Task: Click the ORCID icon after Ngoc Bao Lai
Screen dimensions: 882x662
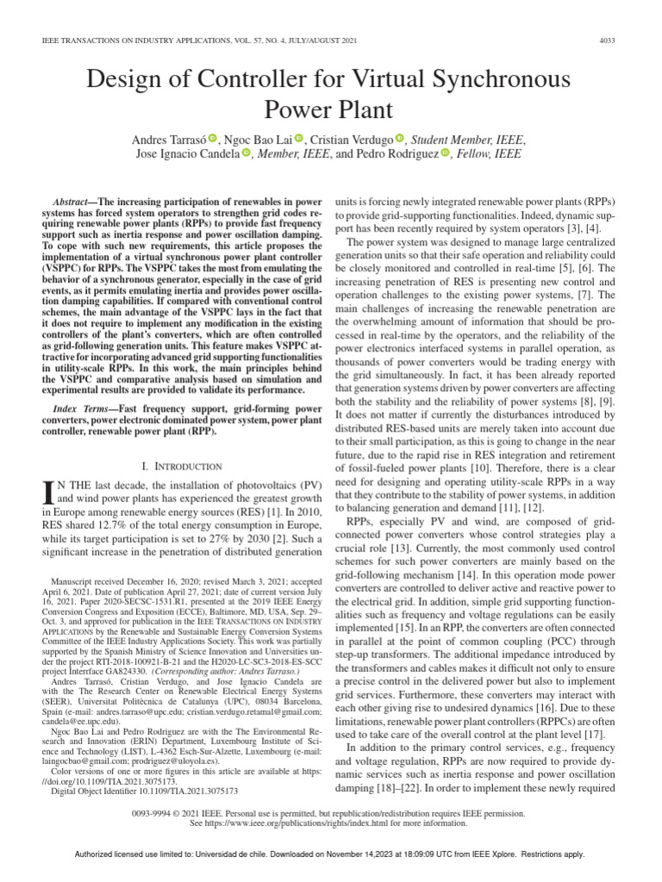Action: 299,139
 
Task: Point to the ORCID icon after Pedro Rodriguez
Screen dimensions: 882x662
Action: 445,154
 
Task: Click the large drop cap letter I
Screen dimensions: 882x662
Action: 48,492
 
